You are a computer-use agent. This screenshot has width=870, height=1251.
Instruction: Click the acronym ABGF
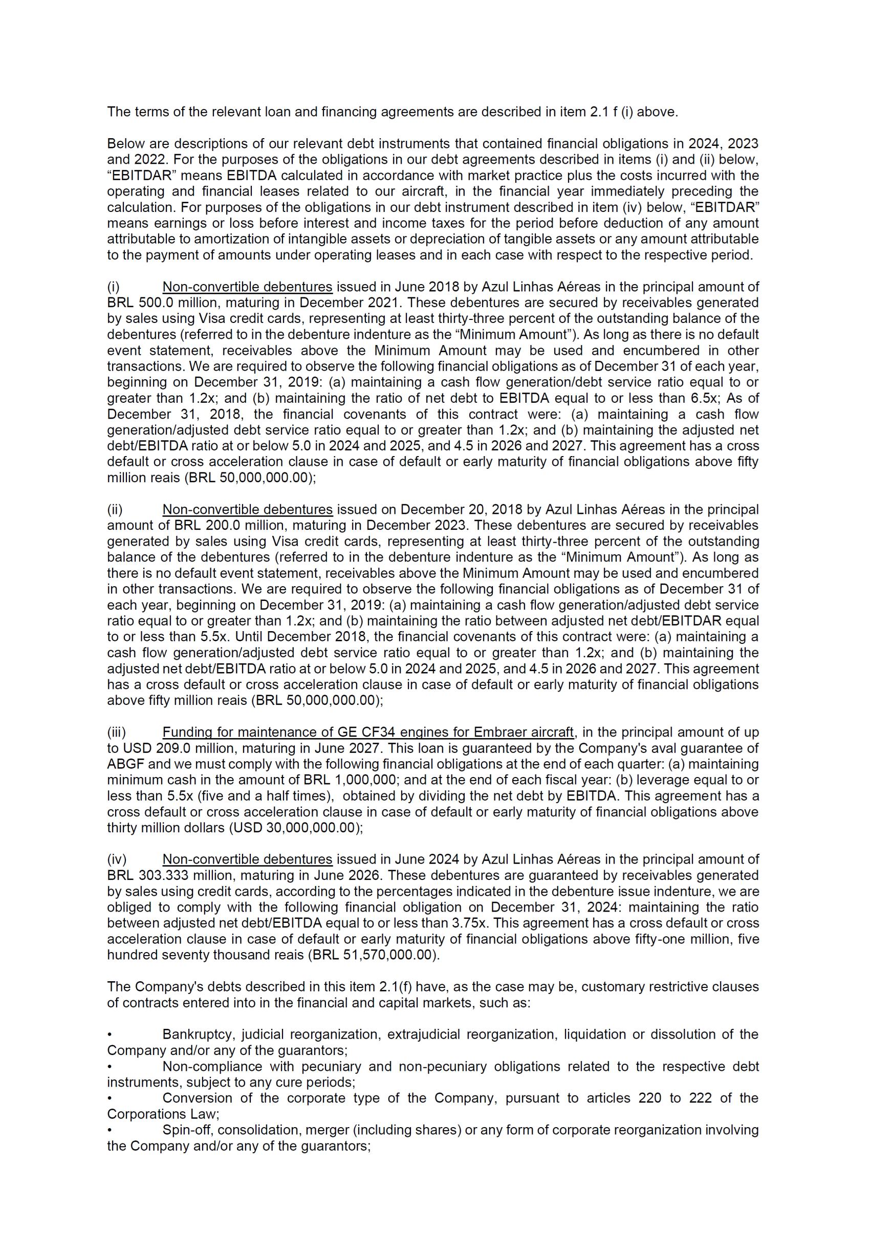(126, 764)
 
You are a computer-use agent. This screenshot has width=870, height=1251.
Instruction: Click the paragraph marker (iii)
(116, 732)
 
